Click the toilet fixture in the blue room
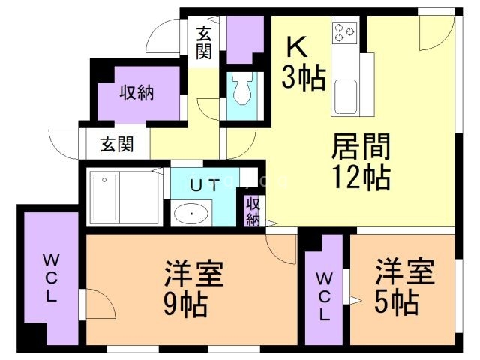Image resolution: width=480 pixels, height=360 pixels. [x=241, y=88]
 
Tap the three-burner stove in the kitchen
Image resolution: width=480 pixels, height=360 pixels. [x=344, y=33]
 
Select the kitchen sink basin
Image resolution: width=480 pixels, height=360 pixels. [x=346, y=97]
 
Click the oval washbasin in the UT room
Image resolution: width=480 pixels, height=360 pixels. [x=191, y=213]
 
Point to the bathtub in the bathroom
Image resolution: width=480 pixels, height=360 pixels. [x=105, y=197]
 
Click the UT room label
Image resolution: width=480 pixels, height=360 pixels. [x=205, y=186]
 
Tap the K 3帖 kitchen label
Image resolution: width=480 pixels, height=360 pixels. [x=303, y=63]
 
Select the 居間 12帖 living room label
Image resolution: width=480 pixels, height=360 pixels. [x=361, y=162]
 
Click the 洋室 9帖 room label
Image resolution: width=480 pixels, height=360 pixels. [x=193, y=288]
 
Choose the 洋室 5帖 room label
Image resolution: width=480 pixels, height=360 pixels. [x=405, y=286]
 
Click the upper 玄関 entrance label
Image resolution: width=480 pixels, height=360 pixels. [x=204, y=43]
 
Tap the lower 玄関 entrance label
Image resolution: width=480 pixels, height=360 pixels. [x=117, y=144]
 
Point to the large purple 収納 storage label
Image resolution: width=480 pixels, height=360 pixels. [x=136, y=92]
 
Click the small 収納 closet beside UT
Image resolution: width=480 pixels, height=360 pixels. [x=253, y=211]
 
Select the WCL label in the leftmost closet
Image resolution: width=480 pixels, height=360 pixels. [x=51, y=278]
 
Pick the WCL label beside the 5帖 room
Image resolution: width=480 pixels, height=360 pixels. [x=324, y=296]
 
